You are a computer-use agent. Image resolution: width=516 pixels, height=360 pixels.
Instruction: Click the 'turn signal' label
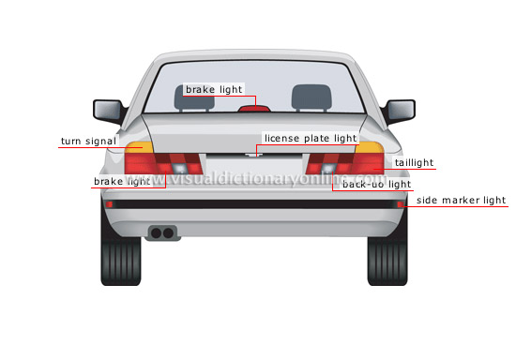coord(88,142)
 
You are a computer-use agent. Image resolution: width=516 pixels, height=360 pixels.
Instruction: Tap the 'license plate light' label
coord(311,138)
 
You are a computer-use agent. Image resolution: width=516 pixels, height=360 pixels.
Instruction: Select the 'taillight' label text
coord(414,162)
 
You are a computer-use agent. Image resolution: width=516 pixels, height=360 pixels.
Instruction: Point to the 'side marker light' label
coord(461,200)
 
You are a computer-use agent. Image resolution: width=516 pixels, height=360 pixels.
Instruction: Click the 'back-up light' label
coord(376,185)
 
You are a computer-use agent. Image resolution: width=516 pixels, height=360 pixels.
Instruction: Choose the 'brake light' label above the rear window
coord(214,90)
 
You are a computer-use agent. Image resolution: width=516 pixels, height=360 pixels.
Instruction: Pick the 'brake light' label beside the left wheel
coord(121,180)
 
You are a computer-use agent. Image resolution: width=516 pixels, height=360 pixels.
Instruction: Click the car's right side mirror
coord(402,111)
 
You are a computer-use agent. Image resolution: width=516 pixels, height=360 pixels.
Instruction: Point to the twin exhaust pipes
coord(161,231)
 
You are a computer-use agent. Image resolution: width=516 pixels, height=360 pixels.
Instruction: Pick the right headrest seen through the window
coord(306,96)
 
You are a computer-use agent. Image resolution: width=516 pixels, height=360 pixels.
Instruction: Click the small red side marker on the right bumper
coord(401,203)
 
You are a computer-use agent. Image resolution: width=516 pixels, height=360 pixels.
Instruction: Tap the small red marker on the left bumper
coord(110,203)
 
